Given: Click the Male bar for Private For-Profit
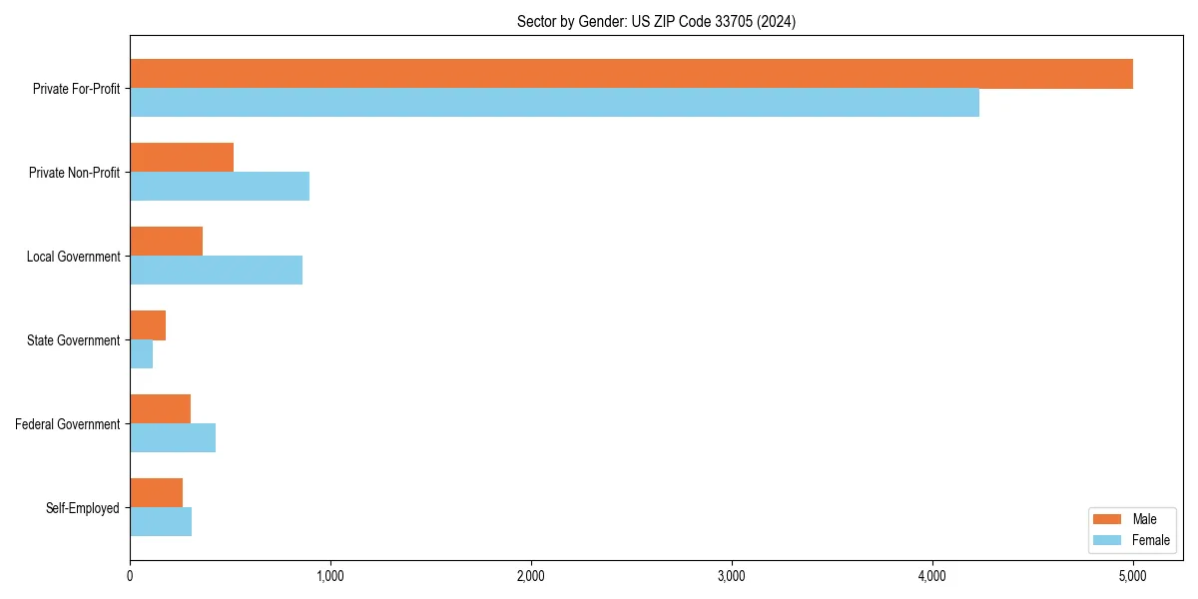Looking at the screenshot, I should [631, 74].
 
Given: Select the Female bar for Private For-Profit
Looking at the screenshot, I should [554, 103].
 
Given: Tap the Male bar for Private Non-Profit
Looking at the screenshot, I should [182, 158].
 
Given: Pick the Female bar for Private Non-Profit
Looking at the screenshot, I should [220, 187].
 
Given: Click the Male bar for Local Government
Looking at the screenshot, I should [166, 242].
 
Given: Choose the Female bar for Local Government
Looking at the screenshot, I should [216, 271].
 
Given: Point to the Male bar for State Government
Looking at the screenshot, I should [148, 325].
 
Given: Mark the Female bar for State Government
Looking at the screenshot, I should [141, 354].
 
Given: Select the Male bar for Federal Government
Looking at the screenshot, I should [160, 409].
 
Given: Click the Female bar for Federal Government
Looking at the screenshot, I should [173, 438].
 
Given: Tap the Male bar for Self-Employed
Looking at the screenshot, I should [156, 493].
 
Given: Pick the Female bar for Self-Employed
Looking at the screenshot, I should [161, 522].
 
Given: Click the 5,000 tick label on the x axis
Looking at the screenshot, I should [1133, 576].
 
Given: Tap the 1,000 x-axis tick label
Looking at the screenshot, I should [330, 576].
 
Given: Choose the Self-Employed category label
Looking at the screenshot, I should [83, 508].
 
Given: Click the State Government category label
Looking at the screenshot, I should [74, 340].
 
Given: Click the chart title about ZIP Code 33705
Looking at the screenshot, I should [656, 21].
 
